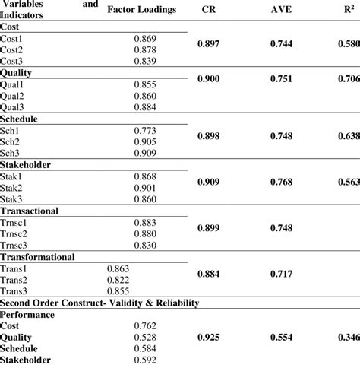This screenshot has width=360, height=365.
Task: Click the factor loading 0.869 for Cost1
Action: pyautogui.click(x=146, y=37)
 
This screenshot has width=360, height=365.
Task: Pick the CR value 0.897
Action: pyautogui.click(x=210, y=45)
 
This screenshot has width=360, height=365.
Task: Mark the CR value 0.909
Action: pyautogui.click(x=210, y=182)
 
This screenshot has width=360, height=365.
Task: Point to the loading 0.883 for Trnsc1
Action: pyautogui.click(x=146, y=222)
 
